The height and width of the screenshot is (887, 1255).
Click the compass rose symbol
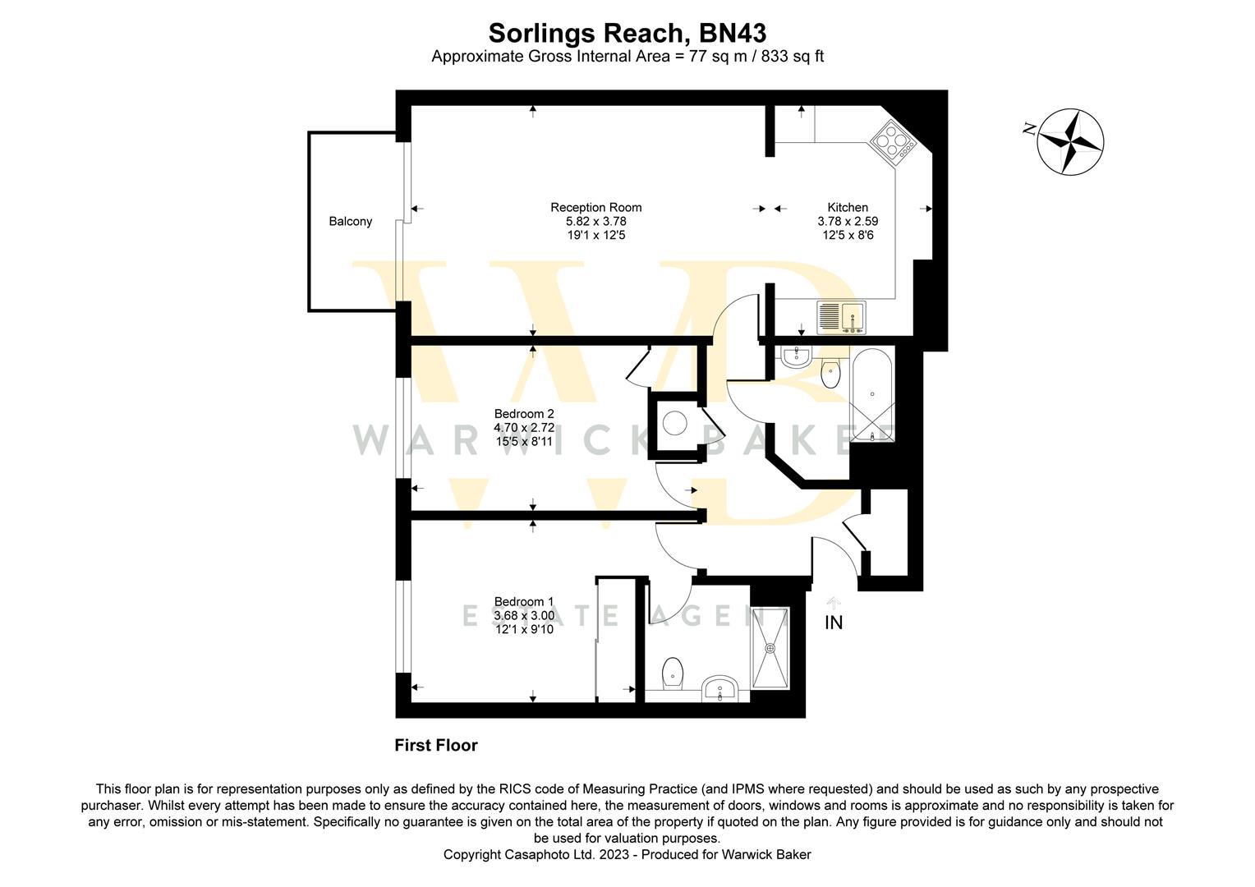coord(1069,142)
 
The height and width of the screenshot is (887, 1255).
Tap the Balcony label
coord(350,221)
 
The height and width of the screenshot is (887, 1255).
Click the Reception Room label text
coord(595,207)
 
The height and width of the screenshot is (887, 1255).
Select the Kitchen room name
coord(848,207)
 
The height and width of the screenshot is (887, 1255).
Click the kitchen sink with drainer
coord(841,317)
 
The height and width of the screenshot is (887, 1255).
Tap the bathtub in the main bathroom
coord(872,395)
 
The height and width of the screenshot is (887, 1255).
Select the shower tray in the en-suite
coord(770,648)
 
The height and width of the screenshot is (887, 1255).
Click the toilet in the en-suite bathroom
coord(673,674)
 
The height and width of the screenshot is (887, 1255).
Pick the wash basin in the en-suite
coord(720,688)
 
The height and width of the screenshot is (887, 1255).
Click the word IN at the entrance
coord(834,623)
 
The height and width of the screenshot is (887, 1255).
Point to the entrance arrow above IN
coord(834,603)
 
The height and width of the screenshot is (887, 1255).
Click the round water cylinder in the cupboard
coord(675,423)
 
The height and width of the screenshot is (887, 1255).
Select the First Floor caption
coord(436,745)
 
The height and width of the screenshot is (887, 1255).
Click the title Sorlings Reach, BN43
coord(627,33)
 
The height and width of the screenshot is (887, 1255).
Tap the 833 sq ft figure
coord(793,57)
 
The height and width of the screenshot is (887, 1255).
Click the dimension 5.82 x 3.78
coord(596,221)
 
